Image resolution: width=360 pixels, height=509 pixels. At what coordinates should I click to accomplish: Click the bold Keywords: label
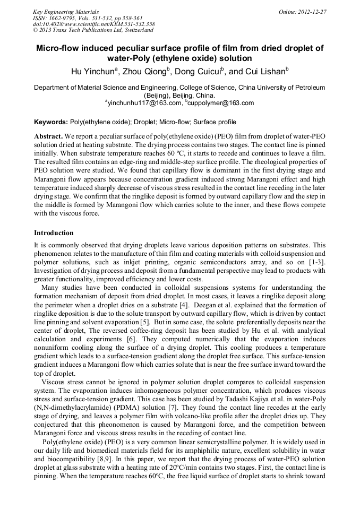click(x=51, y=122)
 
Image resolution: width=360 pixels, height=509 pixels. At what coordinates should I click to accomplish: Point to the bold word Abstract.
click(x=48, y=136)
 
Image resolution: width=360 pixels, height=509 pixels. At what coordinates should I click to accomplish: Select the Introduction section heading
click(x=54, y=233)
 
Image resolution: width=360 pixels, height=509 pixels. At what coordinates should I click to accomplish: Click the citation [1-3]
click(x=316, y=263)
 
